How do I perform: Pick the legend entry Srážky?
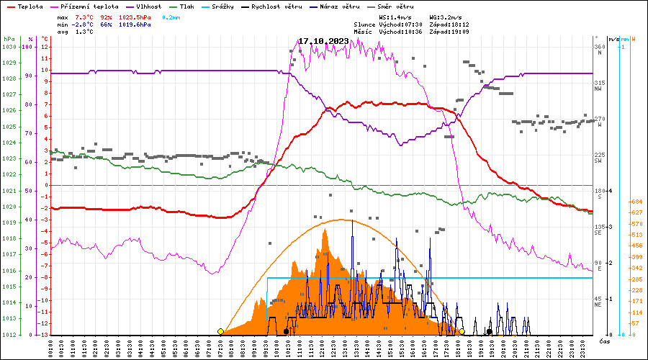tap(232, 6)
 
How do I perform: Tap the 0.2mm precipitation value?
tap(172, 16)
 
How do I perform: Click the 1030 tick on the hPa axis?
tap(9, 47)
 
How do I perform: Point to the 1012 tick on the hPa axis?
tap(9, 335)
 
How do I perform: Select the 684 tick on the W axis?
tap(636, 202)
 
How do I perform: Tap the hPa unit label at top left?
tap(9, 38)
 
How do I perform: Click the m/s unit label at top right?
tap(614, 38)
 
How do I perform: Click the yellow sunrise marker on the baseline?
tap(220, 331)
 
